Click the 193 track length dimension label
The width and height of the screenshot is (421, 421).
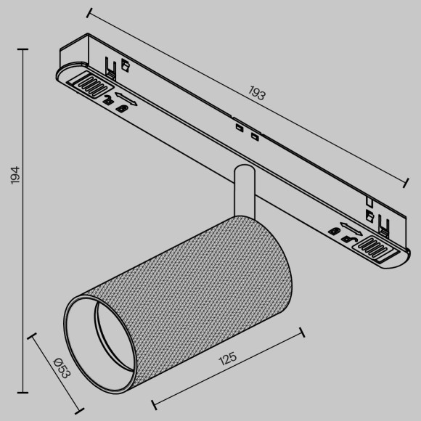click(256, 94)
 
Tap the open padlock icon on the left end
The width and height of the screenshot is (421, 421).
click(108, 101)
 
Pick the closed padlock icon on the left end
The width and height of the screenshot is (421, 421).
click(123, 108)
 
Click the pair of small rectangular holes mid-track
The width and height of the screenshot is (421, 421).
click(246, 131)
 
